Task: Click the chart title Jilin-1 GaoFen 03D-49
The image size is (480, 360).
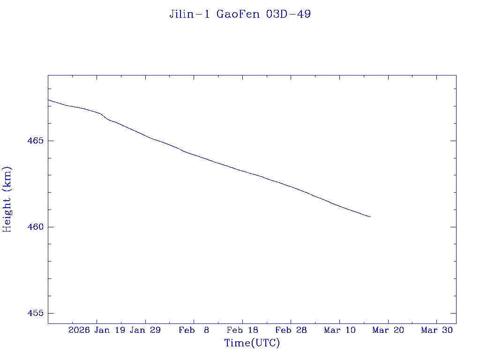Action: [240, 15]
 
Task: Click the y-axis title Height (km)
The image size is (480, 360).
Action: [7, 199]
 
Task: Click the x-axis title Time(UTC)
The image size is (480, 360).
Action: [252, 343]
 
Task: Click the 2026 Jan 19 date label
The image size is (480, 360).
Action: [97, 330]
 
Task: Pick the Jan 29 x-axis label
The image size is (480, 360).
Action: [145, 330]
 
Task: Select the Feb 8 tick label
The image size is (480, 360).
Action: [194, 330]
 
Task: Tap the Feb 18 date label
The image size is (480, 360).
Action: [242, 330]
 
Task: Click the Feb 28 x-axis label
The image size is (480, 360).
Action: [291, 330]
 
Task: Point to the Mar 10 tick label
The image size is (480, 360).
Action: [340, 330]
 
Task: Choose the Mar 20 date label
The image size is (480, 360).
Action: [388, 330]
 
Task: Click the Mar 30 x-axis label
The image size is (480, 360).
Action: [437, 330]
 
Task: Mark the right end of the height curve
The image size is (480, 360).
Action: [370, 217]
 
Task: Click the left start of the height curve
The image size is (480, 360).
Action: [48, 100]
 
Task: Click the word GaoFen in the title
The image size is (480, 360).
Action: [239, 15]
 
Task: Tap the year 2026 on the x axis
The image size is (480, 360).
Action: [79, 330]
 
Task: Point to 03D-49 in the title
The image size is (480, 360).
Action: [288, 15]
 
